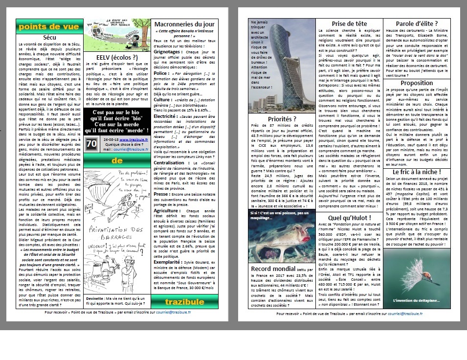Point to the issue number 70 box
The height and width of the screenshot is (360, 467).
[x=91, y=143]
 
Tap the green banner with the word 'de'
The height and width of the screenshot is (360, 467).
[x=117, y=160]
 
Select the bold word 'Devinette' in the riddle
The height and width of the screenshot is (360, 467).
[x=95, y=298]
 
